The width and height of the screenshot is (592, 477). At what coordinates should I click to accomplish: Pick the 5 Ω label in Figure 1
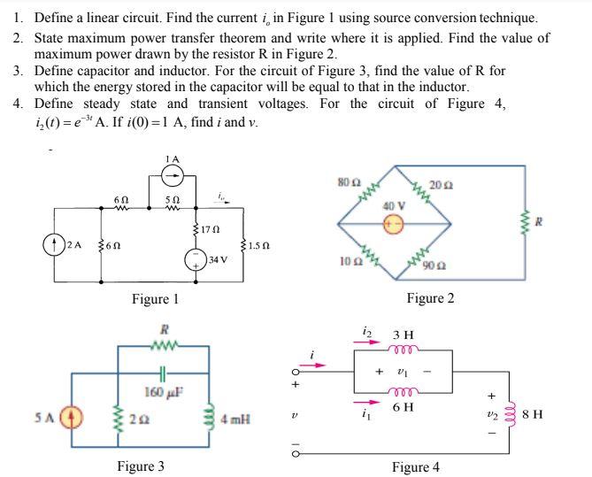point(173,200)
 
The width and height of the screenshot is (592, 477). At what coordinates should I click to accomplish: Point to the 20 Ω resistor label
point(444,185)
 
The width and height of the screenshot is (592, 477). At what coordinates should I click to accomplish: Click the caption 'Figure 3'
point(141,465)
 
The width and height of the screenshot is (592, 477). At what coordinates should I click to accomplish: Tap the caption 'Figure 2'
point(429,298)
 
